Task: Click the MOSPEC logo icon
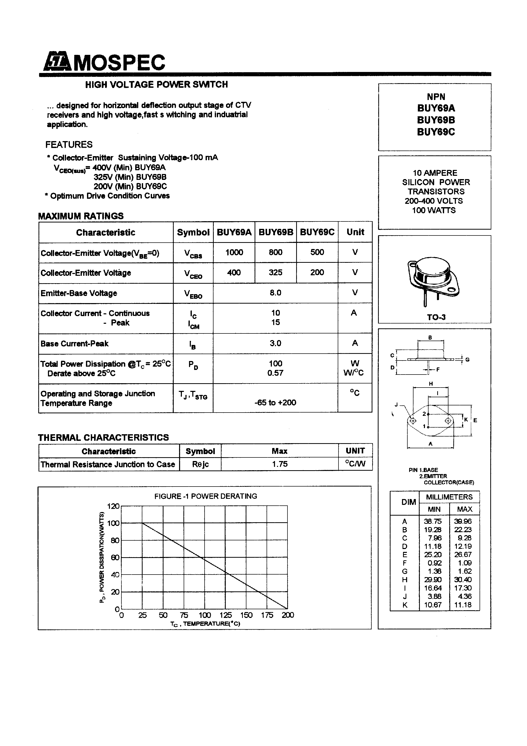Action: pos(57,61)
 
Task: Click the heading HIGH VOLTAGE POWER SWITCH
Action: pos(156,84)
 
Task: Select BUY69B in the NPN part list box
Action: pos(436,120)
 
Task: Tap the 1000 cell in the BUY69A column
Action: pos(234,253)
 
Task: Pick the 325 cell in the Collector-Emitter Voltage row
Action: pos(275,272)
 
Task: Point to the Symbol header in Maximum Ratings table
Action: pos(193,232)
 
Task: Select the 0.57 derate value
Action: pos(275,373)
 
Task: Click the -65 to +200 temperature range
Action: pos(275,403)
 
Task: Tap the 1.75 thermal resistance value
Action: pos(280,464)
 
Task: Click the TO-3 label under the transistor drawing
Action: pos(436,317)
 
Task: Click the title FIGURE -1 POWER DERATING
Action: pos(205,496)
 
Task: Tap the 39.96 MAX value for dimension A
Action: pos(463,521)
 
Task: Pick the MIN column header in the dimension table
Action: pos(434,509)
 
